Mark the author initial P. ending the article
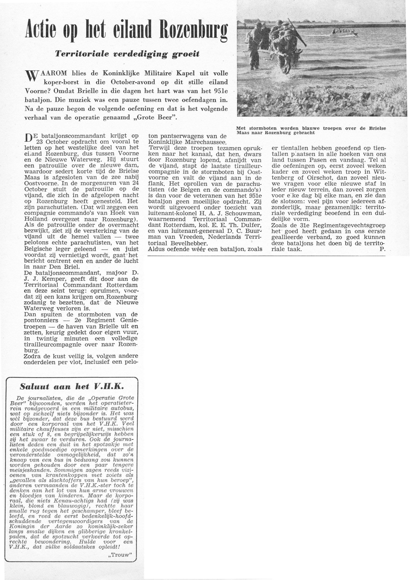point(382,249)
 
